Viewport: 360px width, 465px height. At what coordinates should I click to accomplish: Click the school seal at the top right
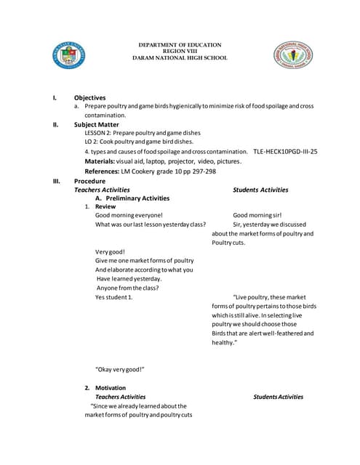pos(293,56)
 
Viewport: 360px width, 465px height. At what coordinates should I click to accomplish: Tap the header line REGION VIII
pos(183,51)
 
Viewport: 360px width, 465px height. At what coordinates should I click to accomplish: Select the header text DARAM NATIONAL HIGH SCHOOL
pos(183,57)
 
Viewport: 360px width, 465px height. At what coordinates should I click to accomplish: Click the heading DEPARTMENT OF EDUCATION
pos(183,45)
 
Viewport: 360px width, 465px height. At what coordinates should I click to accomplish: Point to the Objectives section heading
pos(89,97)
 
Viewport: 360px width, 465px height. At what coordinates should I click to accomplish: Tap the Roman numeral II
pos(55,124)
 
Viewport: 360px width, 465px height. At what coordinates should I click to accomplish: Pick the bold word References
pos(102,171)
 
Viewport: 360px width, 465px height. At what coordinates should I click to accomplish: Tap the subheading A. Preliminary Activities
pos(132,198)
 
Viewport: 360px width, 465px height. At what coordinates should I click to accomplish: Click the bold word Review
pos(105,206)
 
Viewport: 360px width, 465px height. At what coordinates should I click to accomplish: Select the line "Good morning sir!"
pos(257,216)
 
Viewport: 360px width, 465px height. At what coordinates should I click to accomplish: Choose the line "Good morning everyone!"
pos(129,216)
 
